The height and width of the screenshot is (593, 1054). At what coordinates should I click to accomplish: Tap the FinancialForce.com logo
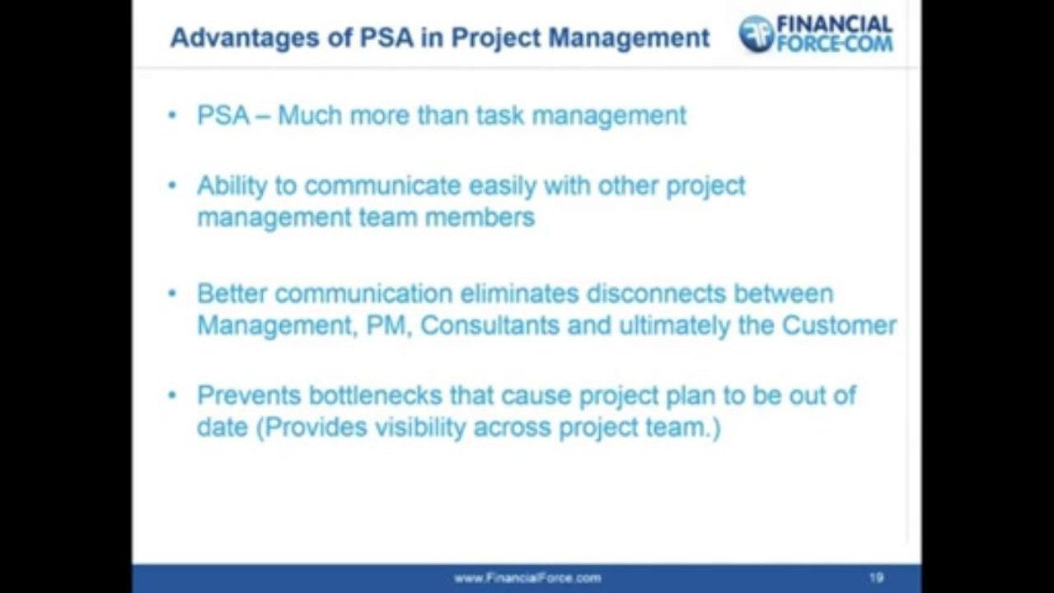[x=815, y=35]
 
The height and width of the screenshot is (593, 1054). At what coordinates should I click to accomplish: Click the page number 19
[x=876, y=578]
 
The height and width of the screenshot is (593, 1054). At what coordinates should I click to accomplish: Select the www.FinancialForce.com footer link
[x=527, y=578]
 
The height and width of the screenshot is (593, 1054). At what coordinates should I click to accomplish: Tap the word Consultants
[x=490, y=325]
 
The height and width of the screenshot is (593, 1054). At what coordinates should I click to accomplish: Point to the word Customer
[x=839, y=325]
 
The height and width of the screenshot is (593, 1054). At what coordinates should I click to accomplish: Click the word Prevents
[x=248, y=396]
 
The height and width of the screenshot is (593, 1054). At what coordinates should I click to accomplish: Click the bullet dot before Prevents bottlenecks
[x=172, y=395]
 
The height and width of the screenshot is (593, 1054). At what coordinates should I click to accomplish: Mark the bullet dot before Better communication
[x=172, y=293]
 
